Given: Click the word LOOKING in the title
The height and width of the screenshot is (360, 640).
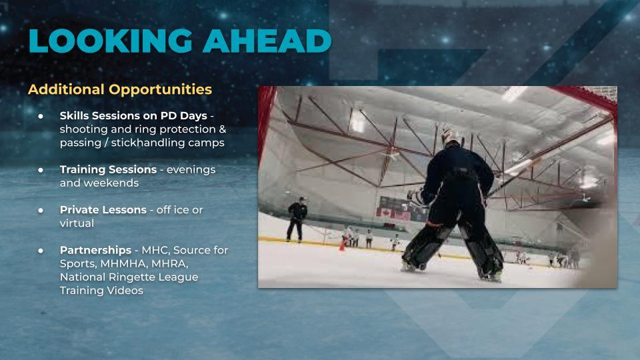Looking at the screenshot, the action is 110,41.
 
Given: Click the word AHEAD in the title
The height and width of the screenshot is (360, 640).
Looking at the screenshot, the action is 267,41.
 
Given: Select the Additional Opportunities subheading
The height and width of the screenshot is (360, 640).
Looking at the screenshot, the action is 120,89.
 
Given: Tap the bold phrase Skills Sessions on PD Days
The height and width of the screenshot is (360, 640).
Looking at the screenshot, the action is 133,116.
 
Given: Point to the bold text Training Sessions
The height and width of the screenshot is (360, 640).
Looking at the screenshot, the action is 108,169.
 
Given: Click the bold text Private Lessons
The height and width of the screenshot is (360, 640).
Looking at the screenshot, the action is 103,210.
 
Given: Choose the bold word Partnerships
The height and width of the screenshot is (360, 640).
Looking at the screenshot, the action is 95,250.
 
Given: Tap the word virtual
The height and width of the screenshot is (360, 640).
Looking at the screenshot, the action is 77,223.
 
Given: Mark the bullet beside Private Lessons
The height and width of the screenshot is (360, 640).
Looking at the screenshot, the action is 41,210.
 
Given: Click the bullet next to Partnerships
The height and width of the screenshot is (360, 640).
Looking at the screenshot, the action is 41,250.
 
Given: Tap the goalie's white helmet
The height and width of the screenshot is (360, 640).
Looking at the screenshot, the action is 451,137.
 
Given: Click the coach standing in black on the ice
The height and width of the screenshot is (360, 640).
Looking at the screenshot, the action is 297,219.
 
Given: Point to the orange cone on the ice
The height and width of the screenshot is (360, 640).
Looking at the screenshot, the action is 343,244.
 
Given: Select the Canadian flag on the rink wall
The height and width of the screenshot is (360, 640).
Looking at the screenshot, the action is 385,213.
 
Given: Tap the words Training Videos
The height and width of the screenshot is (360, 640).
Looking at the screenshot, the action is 101,291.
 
